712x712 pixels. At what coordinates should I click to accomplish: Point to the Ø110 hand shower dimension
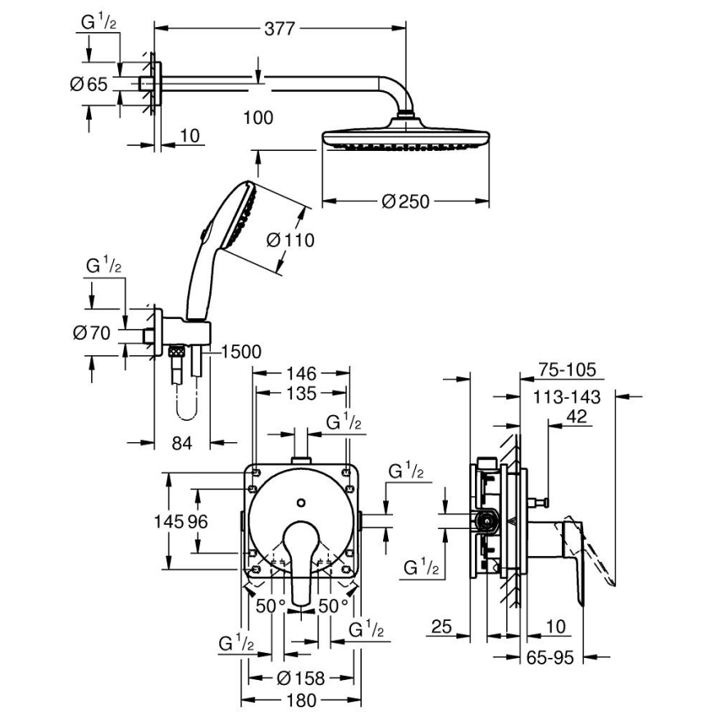pos(290,240)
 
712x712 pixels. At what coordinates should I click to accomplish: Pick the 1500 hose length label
pos(240,353)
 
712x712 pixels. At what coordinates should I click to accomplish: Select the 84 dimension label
pos(182,443)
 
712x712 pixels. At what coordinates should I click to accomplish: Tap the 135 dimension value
pos(301,394)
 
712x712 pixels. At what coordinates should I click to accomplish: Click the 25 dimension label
pos(441,628)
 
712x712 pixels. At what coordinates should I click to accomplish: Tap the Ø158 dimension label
pos(300,678)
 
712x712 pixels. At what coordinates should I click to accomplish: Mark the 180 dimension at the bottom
pos(300,700)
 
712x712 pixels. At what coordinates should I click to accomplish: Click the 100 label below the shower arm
pos(258,118)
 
